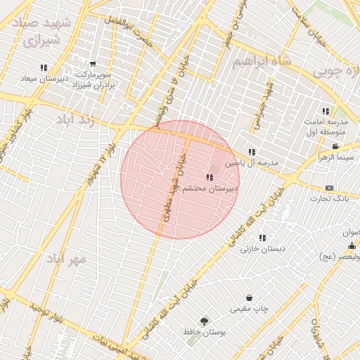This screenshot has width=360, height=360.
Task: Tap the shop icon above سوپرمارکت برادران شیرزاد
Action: (x=93, y=65)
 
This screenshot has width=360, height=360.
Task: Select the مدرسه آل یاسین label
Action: (x=252, y=162)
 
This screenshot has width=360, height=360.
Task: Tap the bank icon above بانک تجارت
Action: (x=329, y=188)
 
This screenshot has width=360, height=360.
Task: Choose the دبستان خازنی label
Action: (x=259, y=248)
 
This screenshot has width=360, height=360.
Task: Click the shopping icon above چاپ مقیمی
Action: (x=250, y=297)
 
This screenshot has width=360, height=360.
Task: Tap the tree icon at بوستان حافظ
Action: (x=204, y=321)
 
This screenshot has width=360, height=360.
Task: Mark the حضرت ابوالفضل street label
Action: (x=131, y=25)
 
